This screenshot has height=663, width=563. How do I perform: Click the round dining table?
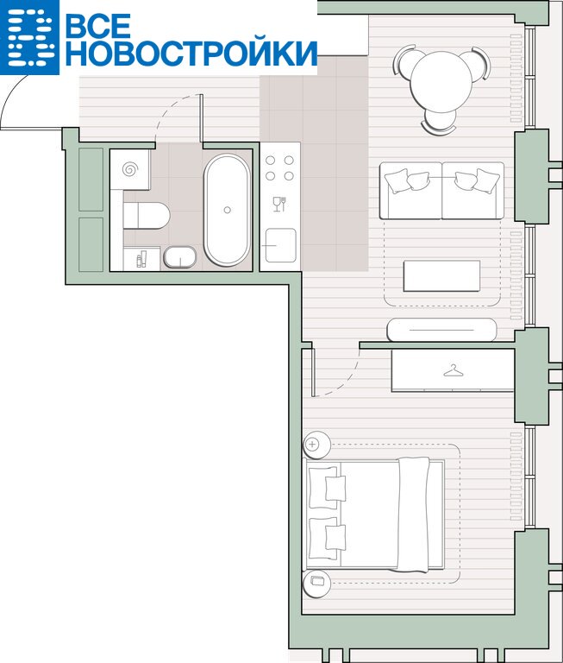click(441, 82)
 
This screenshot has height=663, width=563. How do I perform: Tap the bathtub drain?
click(228, 210)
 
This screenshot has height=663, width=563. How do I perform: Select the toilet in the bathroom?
click(146, 216)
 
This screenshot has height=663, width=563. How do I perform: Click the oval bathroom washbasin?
click(180, 257)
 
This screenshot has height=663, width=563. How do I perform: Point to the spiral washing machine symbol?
click(130, 169)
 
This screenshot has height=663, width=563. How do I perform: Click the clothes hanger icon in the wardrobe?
click(454, 371)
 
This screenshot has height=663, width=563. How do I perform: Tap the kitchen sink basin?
click(280, 245)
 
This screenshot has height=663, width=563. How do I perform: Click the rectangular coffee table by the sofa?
click(441, 275)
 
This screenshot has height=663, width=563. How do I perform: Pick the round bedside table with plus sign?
click(316, 445)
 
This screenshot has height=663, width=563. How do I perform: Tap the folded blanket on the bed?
click(414, 515)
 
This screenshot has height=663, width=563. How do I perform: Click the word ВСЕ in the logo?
click(98, 25)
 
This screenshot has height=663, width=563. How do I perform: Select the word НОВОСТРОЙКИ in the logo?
click(191, 54)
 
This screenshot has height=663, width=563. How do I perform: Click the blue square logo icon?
click(29, 37)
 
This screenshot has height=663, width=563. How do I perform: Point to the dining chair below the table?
click(439, 124)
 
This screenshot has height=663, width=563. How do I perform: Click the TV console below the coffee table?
click(441, 330)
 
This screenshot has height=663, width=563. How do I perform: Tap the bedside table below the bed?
click(316, 584)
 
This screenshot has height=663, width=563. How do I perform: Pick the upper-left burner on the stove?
click(271, 161)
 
